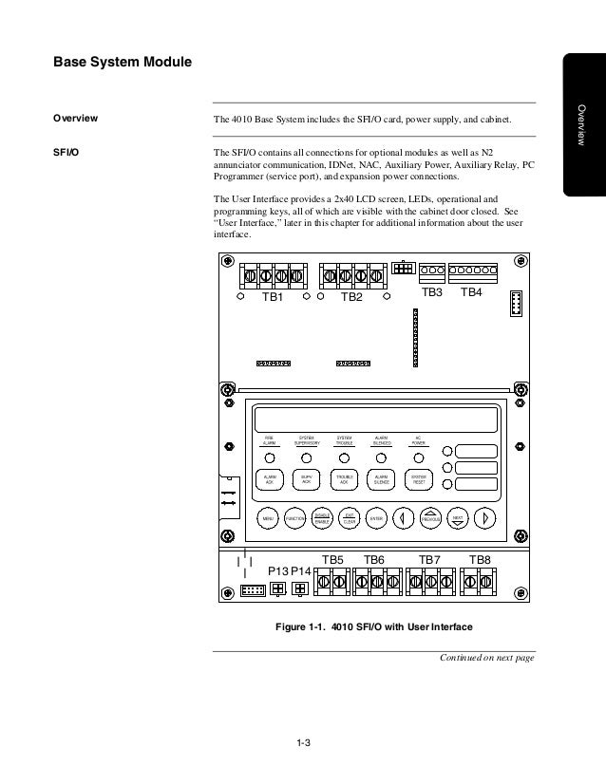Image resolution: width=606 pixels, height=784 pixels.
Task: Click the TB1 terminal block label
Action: coord(273,297)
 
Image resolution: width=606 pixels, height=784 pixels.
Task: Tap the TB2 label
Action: coord(351,297)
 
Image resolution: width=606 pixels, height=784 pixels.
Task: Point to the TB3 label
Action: coord(432,292)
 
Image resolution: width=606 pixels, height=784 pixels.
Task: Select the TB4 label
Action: coord(471,292)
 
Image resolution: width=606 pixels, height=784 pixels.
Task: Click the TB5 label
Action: coord(332,560)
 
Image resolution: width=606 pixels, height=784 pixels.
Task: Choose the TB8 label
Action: coord(480,560)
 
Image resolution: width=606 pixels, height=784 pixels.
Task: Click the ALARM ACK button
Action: coord(269,480)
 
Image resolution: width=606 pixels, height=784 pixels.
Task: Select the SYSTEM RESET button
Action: coord(418,480)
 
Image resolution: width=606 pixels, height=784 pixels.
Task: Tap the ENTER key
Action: coord(375,518)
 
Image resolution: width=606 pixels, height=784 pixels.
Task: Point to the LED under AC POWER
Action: coord(418,459)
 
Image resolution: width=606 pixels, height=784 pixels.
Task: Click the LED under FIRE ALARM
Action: coord(269,459)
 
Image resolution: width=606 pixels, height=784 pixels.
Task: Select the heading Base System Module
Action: coord(122,64)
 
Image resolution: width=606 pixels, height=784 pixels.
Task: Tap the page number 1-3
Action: coord(303,755)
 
